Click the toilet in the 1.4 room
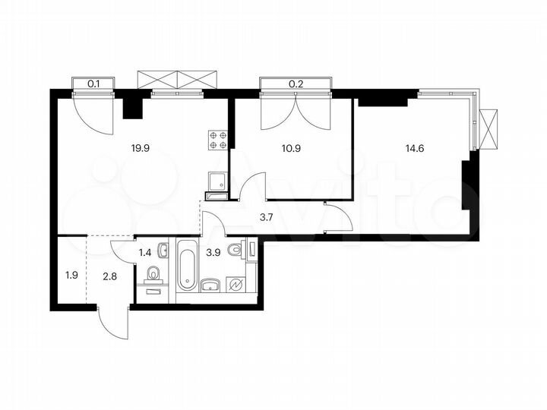(x=153, y=274)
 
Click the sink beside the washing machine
(x=211, y=285)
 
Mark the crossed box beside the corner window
(x=490, y=130)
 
